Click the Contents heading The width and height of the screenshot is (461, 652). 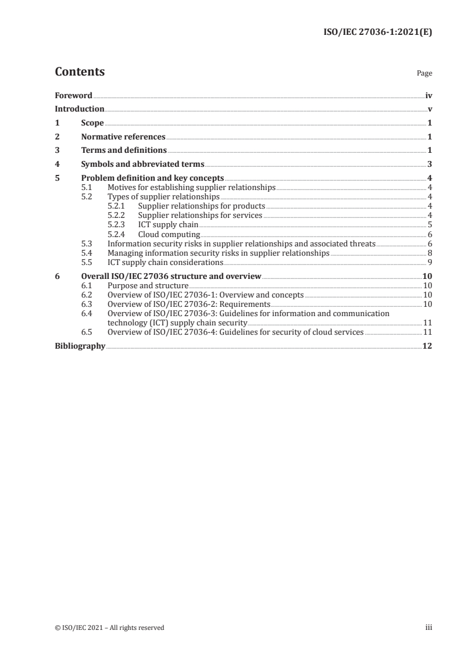point(80,72)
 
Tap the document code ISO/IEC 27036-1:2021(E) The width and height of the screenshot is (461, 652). point(377,33)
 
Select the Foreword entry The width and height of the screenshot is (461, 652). point(73,95)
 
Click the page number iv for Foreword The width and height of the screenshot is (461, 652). point(428,95)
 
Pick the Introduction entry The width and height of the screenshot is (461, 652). point(80,109)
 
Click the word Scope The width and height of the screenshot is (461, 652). point(92,123)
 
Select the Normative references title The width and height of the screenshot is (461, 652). point(123,137)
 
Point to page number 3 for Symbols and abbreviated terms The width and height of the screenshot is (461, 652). point(429,164)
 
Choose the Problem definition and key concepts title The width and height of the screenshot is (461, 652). point(152,178)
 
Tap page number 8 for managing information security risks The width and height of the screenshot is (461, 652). point(429,253)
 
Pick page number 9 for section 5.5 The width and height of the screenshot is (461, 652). point(429,262)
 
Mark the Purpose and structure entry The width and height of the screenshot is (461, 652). point(148,285)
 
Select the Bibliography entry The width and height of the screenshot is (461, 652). point(80,346)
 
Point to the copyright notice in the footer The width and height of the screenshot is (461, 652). point(109,627)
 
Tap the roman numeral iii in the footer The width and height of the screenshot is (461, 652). point(428,627)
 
